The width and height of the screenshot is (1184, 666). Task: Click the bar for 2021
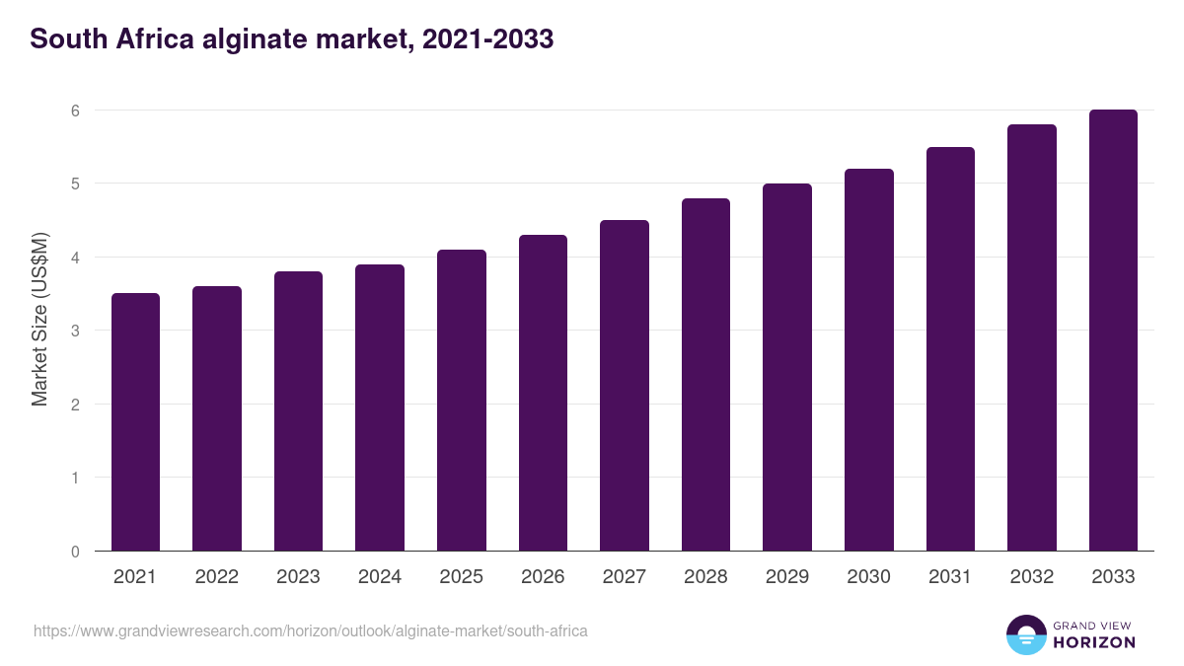coord(135,422)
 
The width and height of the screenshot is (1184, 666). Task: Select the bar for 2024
coord(380,407)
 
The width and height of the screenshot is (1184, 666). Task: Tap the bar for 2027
coord(625,386)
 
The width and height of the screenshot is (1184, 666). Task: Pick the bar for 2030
coord(869,360)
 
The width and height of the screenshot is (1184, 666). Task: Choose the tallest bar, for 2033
coord(1113,331)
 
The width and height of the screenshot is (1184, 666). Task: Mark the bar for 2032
coord(1032,337)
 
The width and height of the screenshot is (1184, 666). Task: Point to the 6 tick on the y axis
coord(75,111)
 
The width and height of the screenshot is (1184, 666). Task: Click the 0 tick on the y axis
coord(75,552)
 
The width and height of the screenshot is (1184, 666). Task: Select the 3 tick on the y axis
coord(75,331)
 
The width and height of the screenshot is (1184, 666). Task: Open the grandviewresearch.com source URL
coord(311,630)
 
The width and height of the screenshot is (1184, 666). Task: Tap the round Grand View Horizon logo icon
coord(1026,634)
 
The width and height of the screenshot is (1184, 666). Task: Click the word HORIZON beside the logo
coord(1094,642)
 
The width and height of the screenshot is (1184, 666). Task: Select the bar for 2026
coord(543,393)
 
